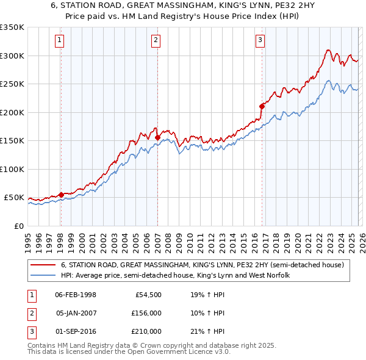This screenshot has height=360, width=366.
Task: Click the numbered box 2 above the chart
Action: click(156, 41)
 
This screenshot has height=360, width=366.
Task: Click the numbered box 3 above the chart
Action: click(260, 41)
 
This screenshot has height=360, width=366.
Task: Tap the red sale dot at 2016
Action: click(262, 106)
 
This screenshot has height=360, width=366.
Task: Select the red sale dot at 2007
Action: click(157, 137)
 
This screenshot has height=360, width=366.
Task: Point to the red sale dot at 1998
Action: click(61, 195)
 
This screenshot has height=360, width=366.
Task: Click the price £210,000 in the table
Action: click(146, 331)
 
